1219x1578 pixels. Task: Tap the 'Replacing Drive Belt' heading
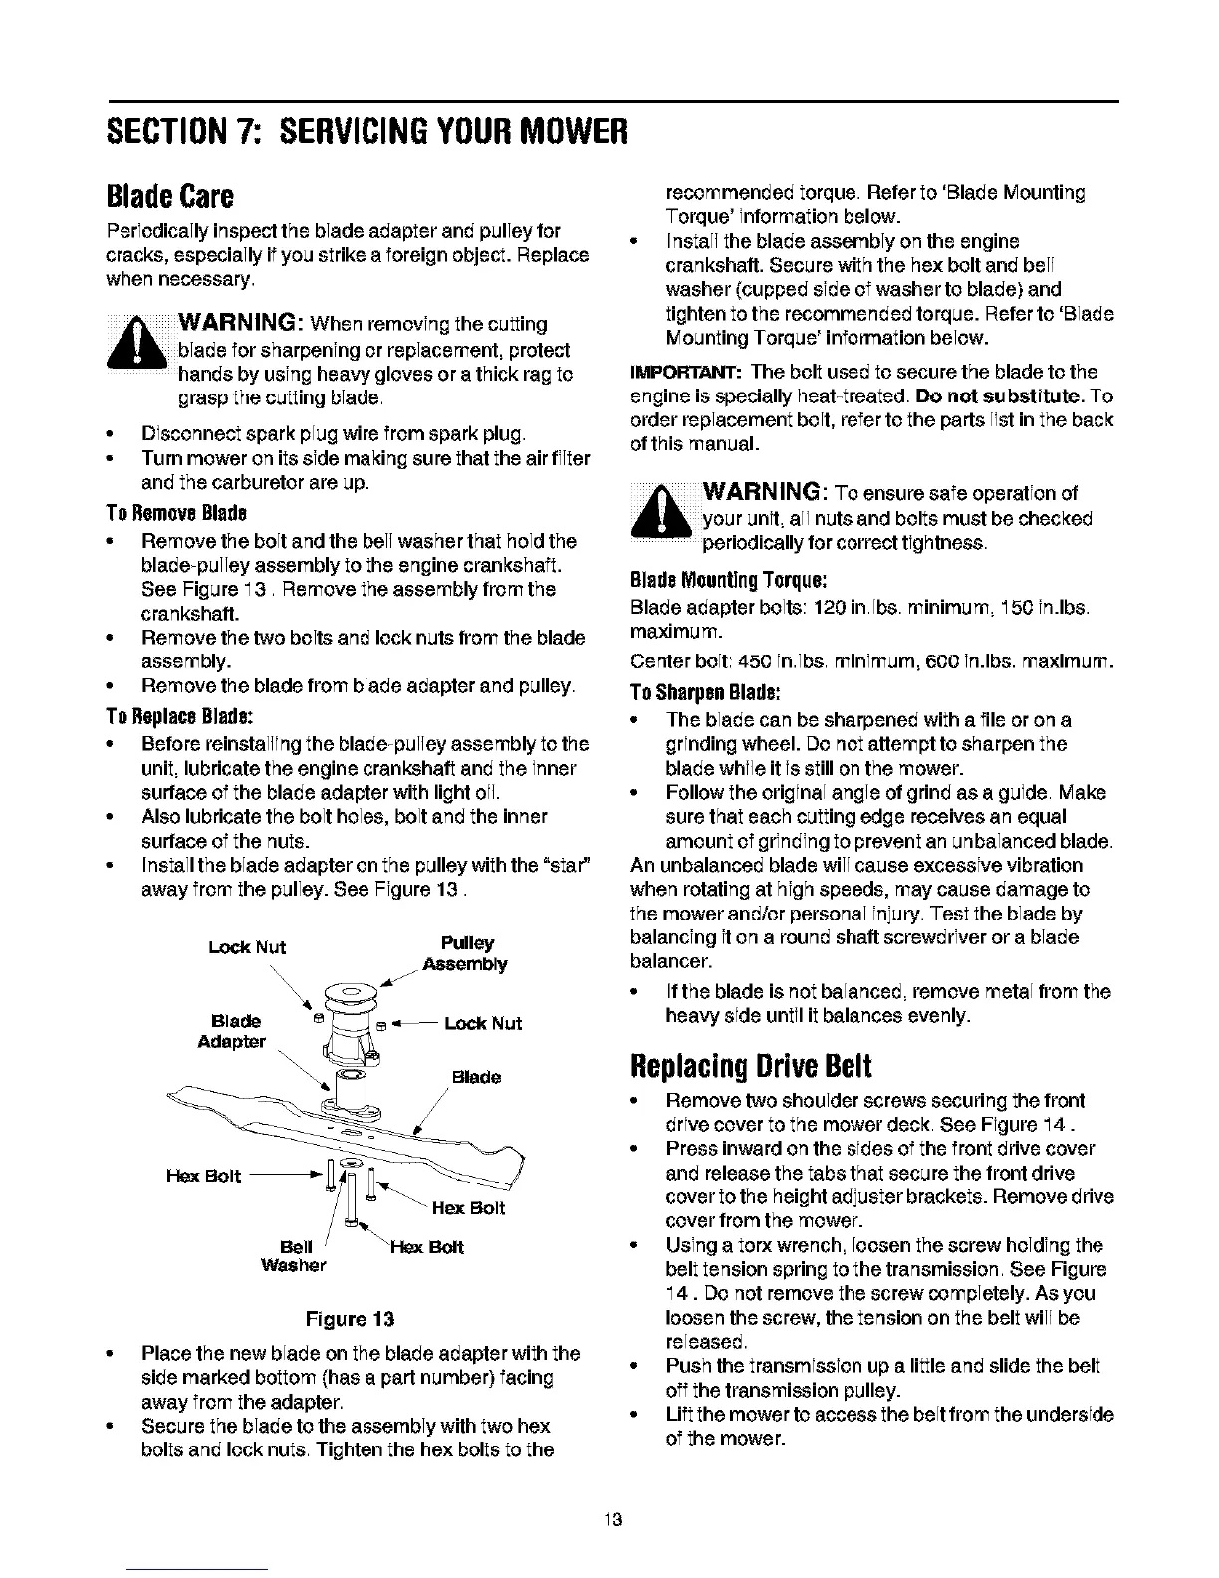[x=748, y=1065]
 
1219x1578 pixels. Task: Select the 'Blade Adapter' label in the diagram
[x=237, y=1031]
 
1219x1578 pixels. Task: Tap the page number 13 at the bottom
[x=611, y=1519]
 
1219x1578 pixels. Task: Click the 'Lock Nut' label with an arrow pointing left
[x=482, y=1023]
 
